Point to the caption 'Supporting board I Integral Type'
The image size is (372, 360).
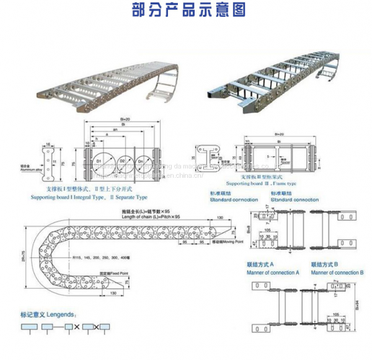[x=64, y=197]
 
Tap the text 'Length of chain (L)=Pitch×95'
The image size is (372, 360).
[x=152, y=216]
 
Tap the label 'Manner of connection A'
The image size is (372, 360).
[x=273, y=273]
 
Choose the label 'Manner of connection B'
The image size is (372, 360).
[x=337, y=273]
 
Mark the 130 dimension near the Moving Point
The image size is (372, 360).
[x=220, y=219]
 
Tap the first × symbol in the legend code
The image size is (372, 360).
[x=77, y=327]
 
